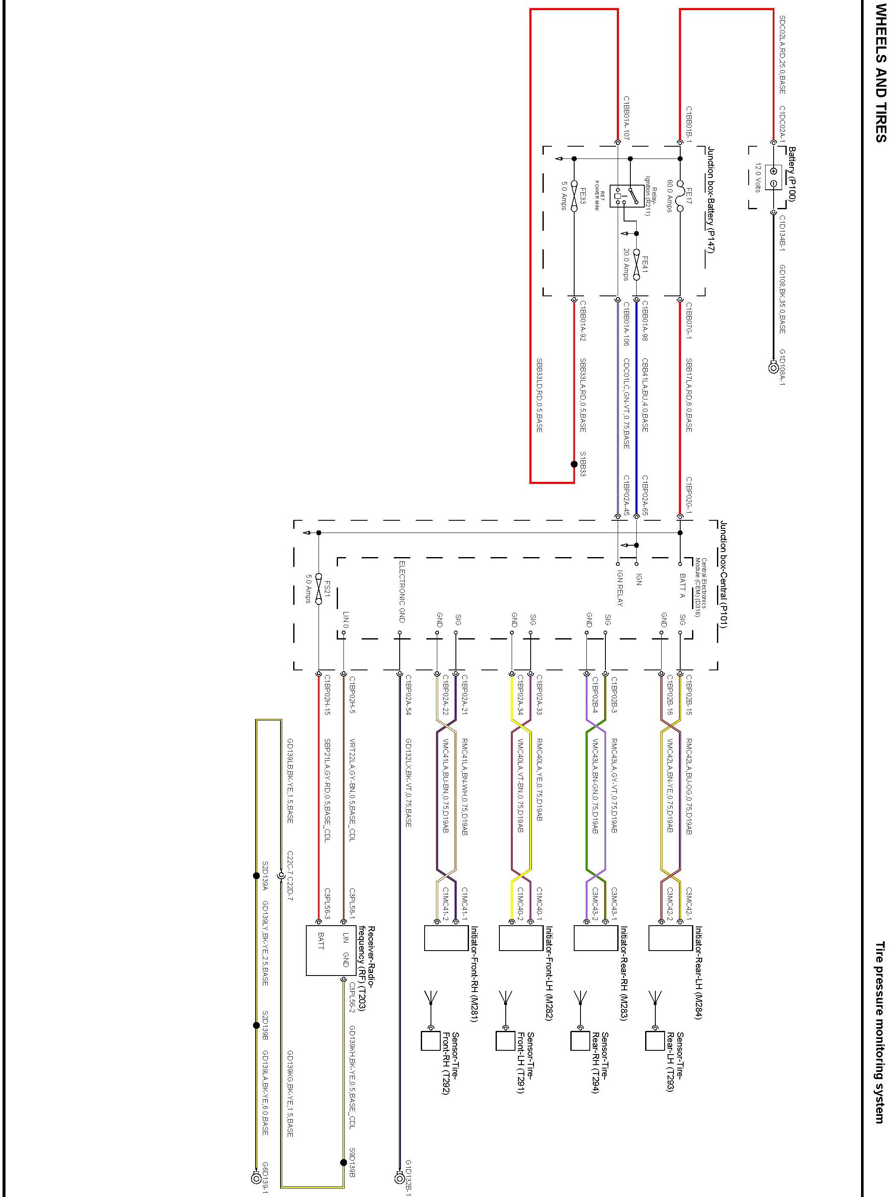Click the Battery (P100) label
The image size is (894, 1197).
click(792, 174)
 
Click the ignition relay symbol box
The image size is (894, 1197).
click(627, 196)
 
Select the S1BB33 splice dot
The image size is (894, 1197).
click(574, 464)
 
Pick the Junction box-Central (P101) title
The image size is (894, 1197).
click(723, 574)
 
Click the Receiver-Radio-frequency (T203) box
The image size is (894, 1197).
click(323, 950)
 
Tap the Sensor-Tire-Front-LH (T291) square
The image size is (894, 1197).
click(505, 1041)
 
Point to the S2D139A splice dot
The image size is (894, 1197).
click(256, 875)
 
